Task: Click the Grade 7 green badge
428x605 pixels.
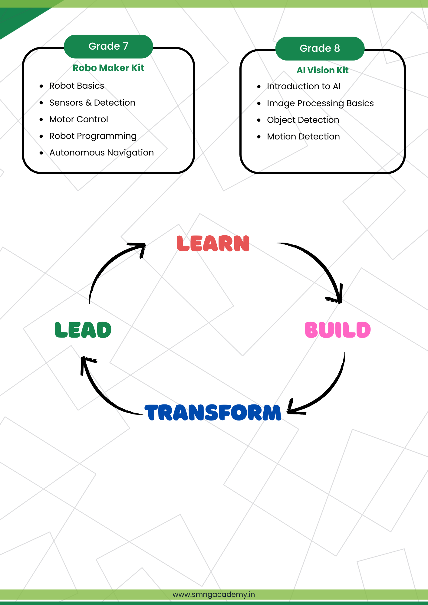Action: click(108, 46)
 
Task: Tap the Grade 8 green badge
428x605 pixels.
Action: click(320, 48)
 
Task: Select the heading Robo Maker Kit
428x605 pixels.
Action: click(108, 68)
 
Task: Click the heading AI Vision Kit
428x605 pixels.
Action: click(322, 70)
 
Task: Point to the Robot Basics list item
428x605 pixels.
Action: click(77, 86)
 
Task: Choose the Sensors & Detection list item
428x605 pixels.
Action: click(92, 103)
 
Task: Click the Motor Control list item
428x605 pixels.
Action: click(78, 119)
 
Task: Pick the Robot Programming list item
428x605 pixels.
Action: click(93, 136)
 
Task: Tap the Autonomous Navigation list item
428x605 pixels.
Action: click(101, 153)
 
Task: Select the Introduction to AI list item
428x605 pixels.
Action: click(304, 87)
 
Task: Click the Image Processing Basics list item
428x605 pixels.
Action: click(320, 103)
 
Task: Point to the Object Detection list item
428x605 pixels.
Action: click(303, 120)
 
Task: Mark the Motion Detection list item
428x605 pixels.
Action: click(303, 137)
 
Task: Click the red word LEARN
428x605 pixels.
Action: click(213, 244)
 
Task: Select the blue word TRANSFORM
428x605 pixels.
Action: click(213, 413)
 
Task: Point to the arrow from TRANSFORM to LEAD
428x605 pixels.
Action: click(100, 390)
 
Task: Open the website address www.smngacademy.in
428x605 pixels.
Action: click(214, 594)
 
